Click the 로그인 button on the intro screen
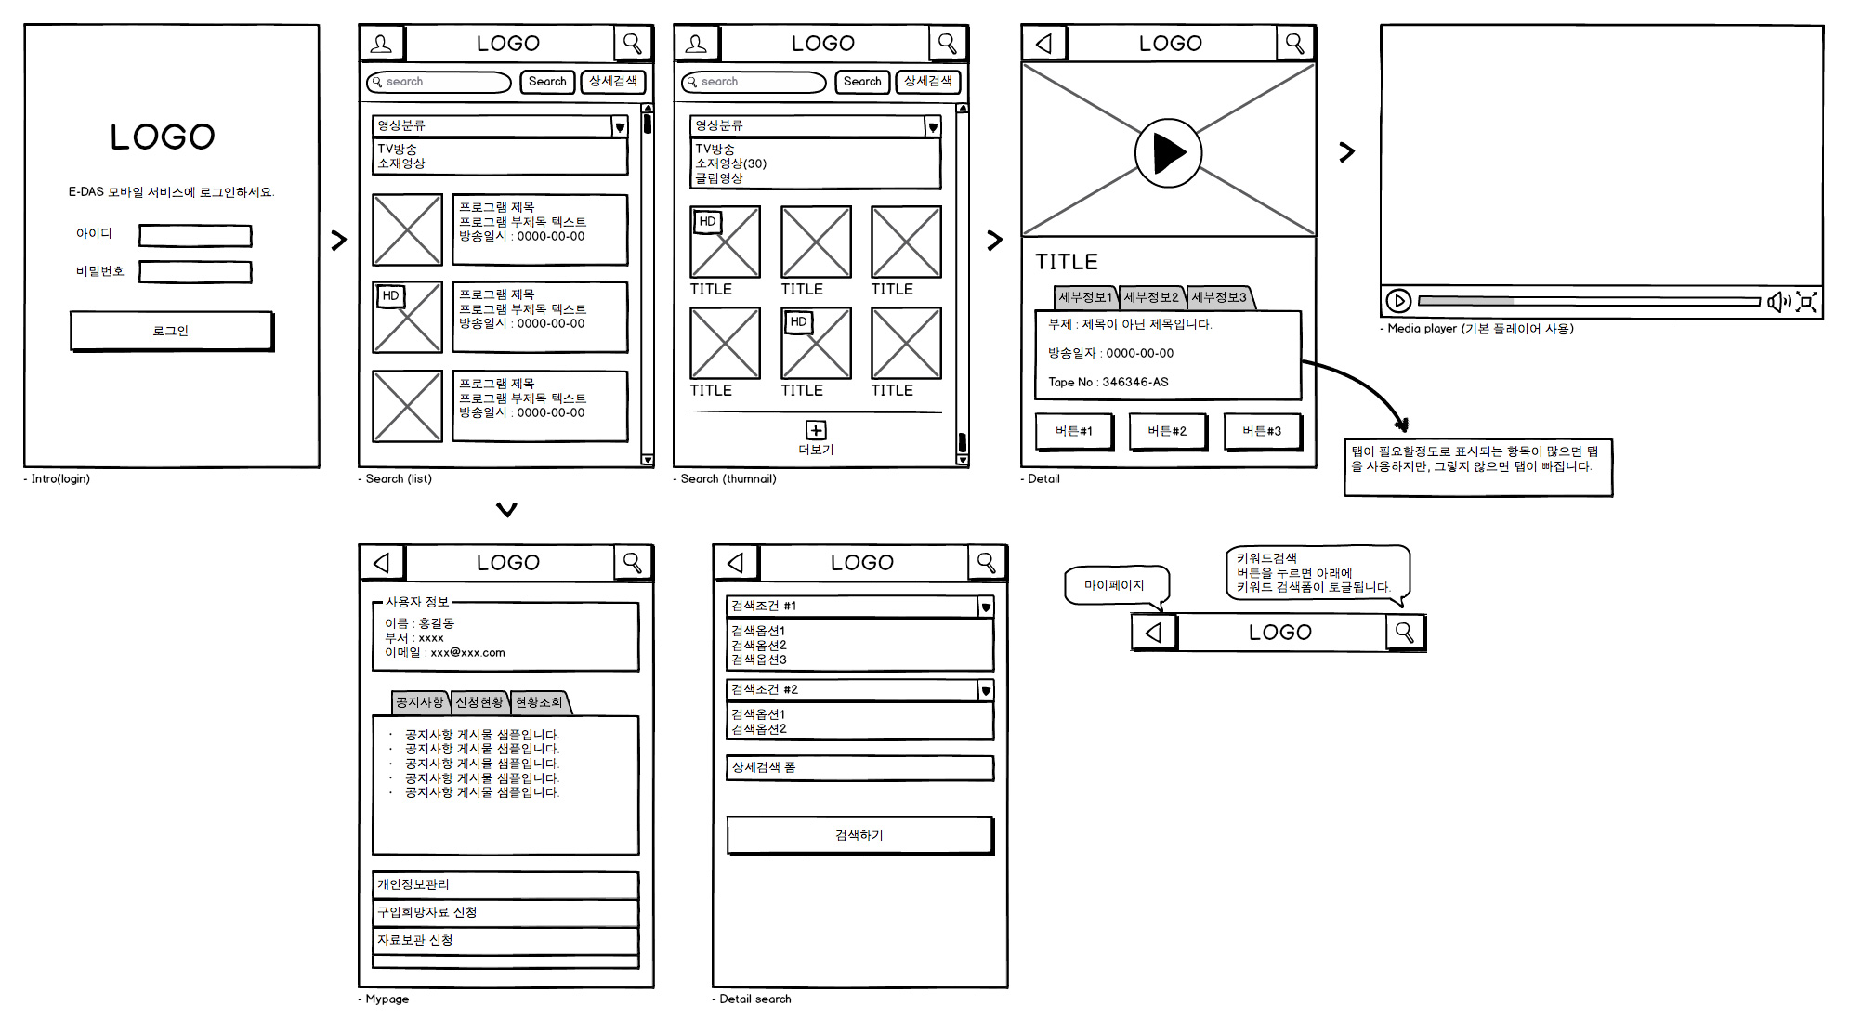click(x=171, y=331)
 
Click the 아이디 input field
click(x=195, y=235)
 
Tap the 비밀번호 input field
click(x=195, y=271)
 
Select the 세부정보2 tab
click(x=1150, y=297)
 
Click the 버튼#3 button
click(x=1261, y=431)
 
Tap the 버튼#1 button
click(x=1073, y=431)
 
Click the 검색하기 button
click(x=859, y=835)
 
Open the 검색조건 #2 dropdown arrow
click(x=986, y=690)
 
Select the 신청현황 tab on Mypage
click(x=479, y=702)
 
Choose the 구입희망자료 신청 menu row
click(x=505, y=912)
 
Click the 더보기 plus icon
click(x=815, y=430)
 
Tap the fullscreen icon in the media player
click(x=1806, y=301)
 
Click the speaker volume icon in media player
click(x=1777, y=301)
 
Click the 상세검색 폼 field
click(x=859, y=767)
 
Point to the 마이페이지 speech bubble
click(x=1114, y=585)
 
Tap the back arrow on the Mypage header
click(x=381, y=563)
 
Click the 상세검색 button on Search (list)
click(x=612, y=82)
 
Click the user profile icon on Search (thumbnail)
click(x=696, y=44)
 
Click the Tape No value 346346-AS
click(x=1134, y=382)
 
